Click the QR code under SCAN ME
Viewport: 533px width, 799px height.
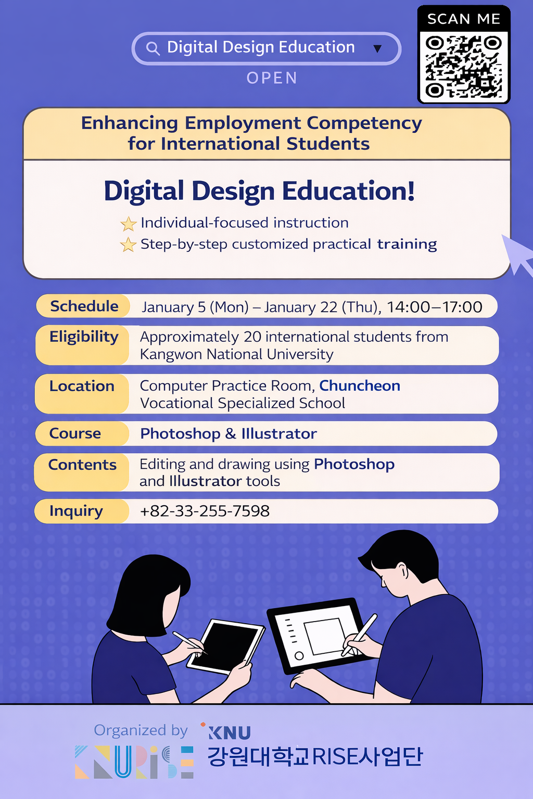464,67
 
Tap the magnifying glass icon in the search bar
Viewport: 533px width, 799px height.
153,48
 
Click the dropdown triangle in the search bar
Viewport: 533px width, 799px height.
377,48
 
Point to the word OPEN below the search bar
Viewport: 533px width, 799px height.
272,78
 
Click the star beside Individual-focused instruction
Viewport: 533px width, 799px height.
128,224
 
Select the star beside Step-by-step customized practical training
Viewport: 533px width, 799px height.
128,244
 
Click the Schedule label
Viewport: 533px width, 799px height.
84,306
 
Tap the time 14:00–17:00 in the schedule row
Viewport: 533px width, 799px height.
435,307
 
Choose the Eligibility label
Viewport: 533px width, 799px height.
84,337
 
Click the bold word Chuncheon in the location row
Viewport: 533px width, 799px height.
360,385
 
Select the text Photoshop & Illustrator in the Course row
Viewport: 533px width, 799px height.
229,434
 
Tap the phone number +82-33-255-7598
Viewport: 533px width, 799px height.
205,511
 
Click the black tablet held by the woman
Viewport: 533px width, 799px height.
226,647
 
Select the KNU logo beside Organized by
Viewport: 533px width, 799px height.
226,731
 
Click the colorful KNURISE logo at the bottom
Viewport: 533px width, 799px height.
134,762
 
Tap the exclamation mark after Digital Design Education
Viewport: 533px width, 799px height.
411,191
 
